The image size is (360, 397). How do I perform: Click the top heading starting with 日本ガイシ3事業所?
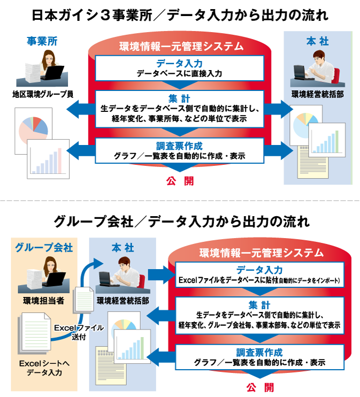pyautogui.click(x=180, y=14)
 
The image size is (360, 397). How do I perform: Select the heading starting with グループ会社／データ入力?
pyautogui.click(x=180, y=220)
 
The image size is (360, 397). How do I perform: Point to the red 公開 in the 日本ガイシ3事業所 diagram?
pyautogui.click(x=180, y=181)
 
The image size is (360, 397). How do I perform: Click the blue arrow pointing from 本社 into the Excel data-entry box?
pyautogui.click(x=158, y=275)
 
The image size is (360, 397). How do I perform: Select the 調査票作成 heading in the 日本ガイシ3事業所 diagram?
pyautogui.click(x=179, y=145)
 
